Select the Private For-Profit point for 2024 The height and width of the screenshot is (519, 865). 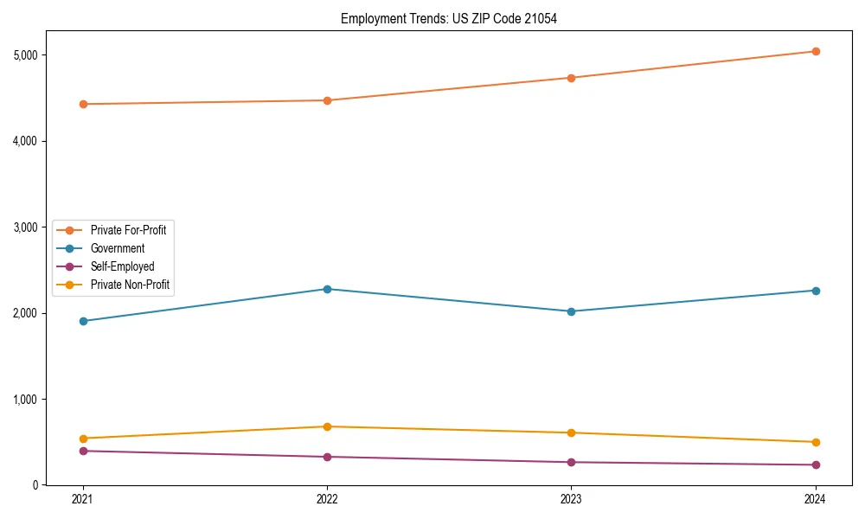point(815,51)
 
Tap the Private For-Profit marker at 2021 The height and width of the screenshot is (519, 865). point(83,104)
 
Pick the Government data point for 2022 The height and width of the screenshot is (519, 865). point(327,289)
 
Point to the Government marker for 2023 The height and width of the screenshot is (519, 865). point(571,311)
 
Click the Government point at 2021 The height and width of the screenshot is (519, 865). point(83,321)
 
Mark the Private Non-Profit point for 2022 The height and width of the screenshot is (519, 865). point(327,426)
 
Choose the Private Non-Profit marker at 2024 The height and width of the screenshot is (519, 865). point(815,442)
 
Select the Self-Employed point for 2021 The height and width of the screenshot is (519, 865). point(83,451)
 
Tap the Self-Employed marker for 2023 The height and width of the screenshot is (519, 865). point(571,462)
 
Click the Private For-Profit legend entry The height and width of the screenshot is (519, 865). point(128,230)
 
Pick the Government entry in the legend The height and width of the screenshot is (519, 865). point(118,248)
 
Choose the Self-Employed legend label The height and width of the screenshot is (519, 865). point(122,266)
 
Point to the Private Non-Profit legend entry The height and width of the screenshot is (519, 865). point(130,285)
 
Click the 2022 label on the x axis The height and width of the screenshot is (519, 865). point(327,498)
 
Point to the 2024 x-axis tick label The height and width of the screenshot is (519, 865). point(815,498)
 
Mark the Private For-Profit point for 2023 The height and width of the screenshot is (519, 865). point(571,78)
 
